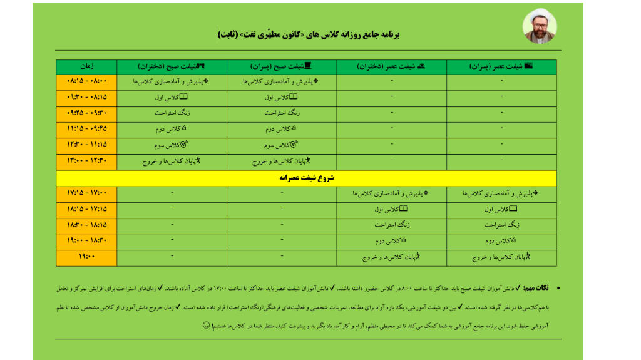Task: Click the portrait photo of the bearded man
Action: point(540,26)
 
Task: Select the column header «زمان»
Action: point(86,66)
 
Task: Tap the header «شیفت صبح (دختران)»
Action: point(172,66)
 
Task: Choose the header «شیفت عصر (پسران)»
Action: point(501,66)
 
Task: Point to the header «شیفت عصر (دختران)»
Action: point(392,66)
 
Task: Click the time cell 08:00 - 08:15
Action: point(86,81)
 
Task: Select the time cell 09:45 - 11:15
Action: point(86,128)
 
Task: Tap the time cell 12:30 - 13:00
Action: point(86,161)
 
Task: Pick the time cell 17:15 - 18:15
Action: point(86,208)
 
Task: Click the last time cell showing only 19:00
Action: point(86,257)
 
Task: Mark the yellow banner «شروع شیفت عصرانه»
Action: point(306,178)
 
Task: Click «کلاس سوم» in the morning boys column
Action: point(281,145)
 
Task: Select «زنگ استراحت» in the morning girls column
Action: point(172,113)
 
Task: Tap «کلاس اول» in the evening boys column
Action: point(501,209)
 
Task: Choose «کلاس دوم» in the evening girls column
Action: point(392,240)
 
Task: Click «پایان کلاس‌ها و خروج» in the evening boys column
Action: point(501,257)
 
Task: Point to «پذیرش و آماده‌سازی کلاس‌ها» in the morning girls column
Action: point(172,81)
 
